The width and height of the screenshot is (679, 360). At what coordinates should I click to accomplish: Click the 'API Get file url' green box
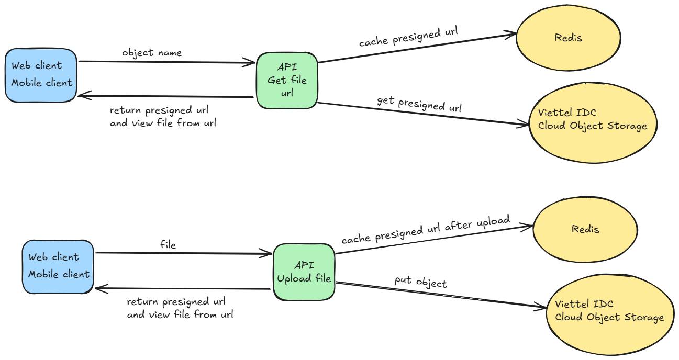[287, 80]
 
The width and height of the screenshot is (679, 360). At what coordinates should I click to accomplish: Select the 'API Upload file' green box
[304, 272]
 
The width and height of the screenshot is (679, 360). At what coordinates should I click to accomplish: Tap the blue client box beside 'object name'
[41, 75]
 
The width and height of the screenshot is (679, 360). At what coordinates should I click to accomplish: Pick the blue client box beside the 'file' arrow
[58, 267]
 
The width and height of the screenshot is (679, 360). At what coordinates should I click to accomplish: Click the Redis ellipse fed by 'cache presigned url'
[569, 38]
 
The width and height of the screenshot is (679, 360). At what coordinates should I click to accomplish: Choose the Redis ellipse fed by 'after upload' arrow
[585, 229]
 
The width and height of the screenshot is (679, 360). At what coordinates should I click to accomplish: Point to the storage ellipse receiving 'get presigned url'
[593, 123]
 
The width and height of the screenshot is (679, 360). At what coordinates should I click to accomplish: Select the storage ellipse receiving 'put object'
[610, 314]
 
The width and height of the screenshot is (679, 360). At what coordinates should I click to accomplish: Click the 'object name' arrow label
[152, 53]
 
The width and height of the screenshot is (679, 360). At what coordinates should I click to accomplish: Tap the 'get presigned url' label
[419, 104]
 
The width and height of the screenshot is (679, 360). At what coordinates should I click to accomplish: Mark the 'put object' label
[421, 282]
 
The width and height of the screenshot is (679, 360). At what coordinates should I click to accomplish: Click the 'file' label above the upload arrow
[168, 244]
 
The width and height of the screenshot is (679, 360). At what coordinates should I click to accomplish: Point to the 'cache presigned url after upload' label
[426, 229]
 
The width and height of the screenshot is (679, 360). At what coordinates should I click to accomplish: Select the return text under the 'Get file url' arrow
[163, 116]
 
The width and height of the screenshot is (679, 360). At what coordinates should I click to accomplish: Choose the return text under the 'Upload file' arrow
[180, 308]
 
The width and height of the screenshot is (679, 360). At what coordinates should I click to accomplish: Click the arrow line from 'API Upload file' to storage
[441, 295]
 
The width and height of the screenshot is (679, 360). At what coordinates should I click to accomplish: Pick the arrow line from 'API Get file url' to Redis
[417, 48]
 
